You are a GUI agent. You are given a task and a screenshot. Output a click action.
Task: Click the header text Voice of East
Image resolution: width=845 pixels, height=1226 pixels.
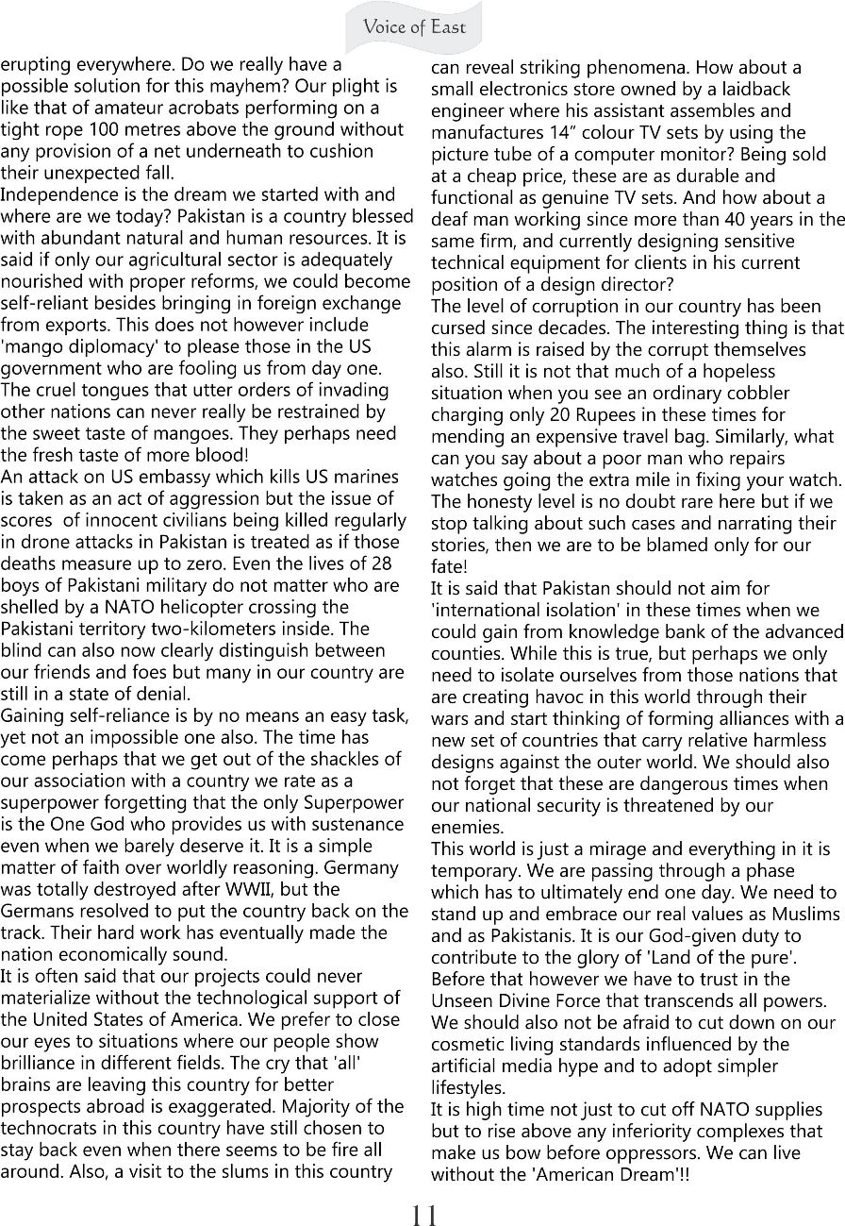click(x=415, y=26)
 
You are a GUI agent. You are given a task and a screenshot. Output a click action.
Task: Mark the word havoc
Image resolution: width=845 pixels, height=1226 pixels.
click(x=532, y=697)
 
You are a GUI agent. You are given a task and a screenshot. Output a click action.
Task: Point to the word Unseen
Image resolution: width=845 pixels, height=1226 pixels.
click(x=457, y=1000)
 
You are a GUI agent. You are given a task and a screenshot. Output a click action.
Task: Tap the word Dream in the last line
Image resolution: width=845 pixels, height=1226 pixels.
click(x=654, y=1174)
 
